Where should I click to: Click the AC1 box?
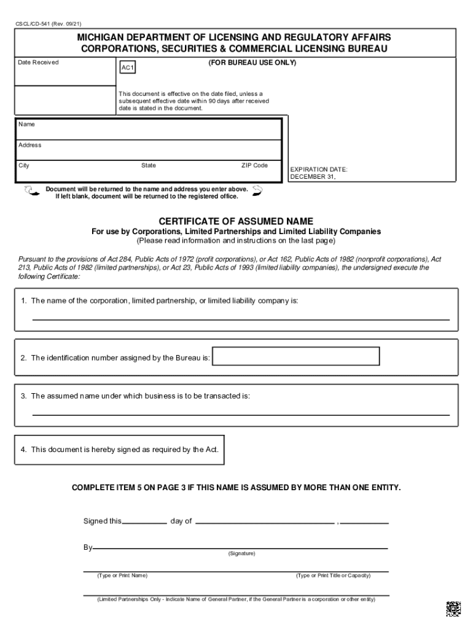coord(127,68)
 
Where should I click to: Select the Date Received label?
coord(38,63)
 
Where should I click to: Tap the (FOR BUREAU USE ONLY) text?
coord(252,63)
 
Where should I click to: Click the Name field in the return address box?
coord(147,130)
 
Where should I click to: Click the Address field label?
coord(30,145)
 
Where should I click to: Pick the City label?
coord(24,165)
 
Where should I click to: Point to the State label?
coord(149,165)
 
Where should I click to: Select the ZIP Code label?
coord(254,165)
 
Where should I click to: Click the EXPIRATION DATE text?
coord(319,169)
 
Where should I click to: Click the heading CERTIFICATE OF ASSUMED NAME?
coord(236,221)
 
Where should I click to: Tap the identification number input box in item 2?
coord(295,356)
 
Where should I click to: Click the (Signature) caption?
coord(241,553)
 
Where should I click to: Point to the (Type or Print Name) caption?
coord(122,576)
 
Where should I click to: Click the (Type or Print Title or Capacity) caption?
coord(333,576)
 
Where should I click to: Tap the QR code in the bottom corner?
coord(453,608)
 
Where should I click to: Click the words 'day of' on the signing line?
coord(181,521)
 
